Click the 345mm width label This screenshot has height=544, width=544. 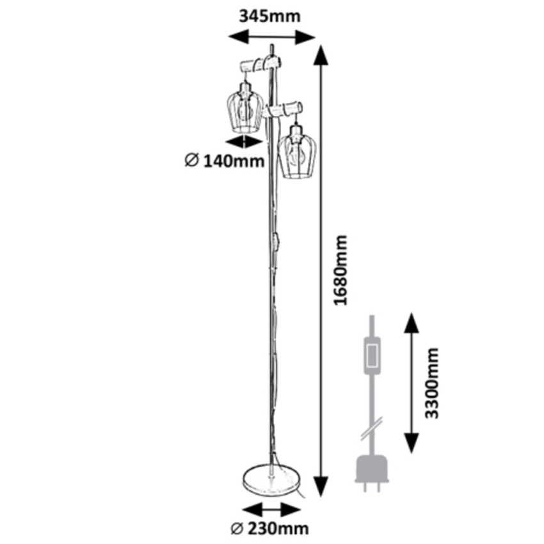coord(269,16)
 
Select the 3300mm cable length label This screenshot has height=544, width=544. coord(433,383)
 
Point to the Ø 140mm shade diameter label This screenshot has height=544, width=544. coord(224,161)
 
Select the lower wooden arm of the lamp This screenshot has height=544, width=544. coord(283,108)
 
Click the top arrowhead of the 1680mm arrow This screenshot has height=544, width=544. coord(321,54)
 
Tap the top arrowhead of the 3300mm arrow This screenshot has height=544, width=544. coord(410,324)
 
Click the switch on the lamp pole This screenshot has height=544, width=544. coord(276,242)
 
